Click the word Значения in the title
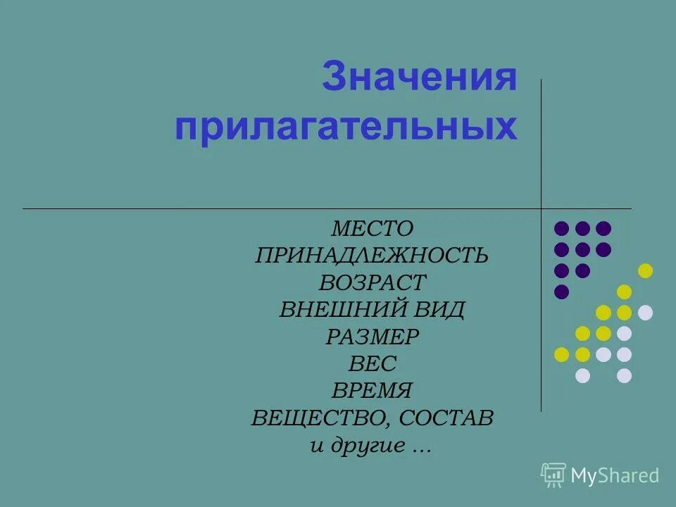tap(420, 78)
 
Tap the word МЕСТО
tap(372, 229)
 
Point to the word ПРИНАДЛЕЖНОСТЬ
tap(372, 256)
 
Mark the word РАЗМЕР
tap(372, 337)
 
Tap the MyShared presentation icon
tap(553, 475)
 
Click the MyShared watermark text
tap(615, 476)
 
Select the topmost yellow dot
tap(645, 271)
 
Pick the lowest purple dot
tap(561, 292)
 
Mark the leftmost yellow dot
tap(561, 354)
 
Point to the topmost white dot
tap(645, 313)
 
